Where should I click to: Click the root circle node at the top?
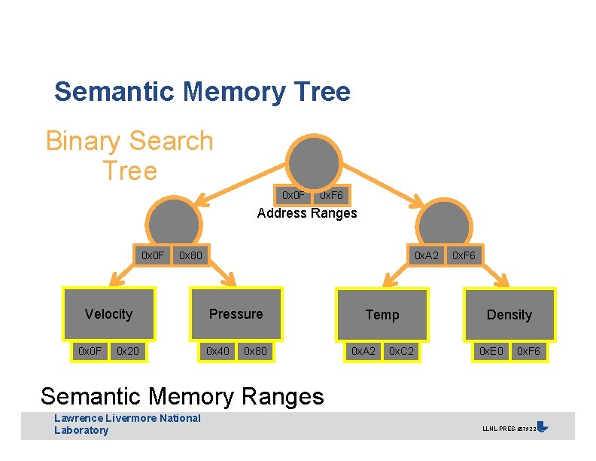point(314,162)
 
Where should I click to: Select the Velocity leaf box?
point(108,314)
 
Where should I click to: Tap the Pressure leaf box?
point(236,314)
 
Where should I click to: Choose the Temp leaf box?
point(382,315)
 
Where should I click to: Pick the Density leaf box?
point(509,315)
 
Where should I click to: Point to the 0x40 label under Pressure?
point(218,351)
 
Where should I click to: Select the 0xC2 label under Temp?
point(400,352)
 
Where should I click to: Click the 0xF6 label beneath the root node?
point(331,196)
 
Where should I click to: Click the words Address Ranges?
point(307,213)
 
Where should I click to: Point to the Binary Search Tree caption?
point(129,155)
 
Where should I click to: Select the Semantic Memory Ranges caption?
point(182,395)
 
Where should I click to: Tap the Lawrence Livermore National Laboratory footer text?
point(127,424)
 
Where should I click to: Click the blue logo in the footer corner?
point(543,426)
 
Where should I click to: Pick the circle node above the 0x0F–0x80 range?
point(174,222)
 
